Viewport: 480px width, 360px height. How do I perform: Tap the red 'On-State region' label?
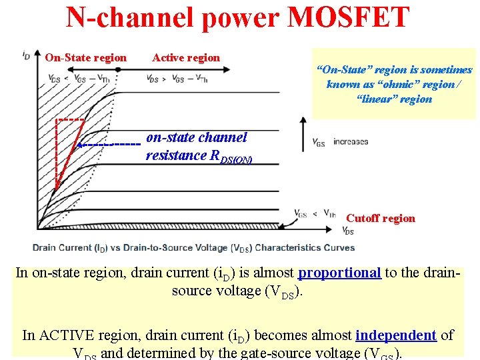tap(85, 57)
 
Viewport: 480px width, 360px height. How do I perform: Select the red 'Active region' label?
tap(186, 57)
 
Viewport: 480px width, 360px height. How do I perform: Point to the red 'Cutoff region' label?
tap(380, 218)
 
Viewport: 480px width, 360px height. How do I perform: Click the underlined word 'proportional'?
tap(339, 273)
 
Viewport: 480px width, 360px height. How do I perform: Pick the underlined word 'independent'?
tap(396, 335)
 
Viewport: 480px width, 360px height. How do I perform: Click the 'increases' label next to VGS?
tap(351, 142)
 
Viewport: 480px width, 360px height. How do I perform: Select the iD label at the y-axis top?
tap(26, 54)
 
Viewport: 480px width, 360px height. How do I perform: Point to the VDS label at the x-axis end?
tap(348, 231)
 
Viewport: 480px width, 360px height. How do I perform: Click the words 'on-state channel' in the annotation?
tap(196, 138)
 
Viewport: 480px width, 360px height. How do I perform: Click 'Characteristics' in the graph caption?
tap(295, 247)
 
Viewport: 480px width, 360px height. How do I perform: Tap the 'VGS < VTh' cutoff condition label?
tap(315, 213)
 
